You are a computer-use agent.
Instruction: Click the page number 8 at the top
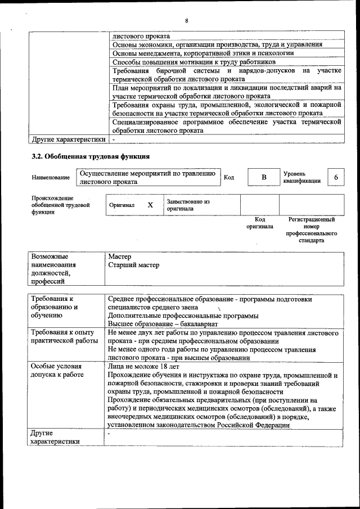pos(186,21)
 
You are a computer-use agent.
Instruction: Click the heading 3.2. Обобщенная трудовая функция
pos(90,156)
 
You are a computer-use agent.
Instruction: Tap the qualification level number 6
pos(336,177)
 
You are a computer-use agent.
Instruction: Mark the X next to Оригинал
pos(150,205)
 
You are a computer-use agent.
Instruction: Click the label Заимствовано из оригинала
pos(188,205)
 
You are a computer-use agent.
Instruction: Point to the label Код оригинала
pos(259,223)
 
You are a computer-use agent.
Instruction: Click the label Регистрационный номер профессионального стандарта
pos(311,229)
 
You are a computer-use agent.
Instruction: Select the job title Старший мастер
pos(133,265)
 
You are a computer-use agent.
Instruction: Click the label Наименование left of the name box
pos(51,178)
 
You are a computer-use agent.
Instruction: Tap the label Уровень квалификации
pos(302,177)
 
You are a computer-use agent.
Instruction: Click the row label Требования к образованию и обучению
pos(55,308)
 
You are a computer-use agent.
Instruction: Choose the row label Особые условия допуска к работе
pos(57,370)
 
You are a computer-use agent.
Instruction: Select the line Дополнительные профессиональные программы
pos(183,316)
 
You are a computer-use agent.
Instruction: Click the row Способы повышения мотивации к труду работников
pos(194,61)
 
